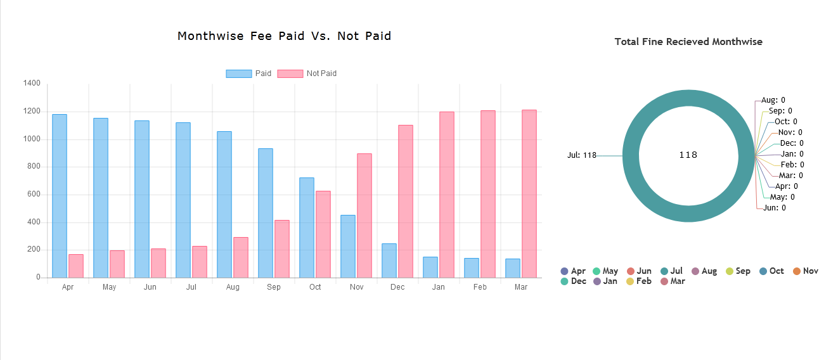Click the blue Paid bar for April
click(x=60, y=196)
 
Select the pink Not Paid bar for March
click(x=529, y=194)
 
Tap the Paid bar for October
click(x=307, y=228)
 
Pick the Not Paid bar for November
click(x=364, y=215)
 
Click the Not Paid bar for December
click(x=406, y=202)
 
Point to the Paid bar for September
click(x=266, y=213)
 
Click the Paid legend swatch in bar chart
click(x=239, y=74)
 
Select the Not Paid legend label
click(x=321, y=74)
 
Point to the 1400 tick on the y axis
click(x=32, y=84)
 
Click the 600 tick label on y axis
click(x=34, y=195)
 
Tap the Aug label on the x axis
click(x=233, y=287)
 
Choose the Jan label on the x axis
click(x=439, y=287)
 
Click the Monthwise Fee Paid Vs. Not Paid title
click(x=284, y=36)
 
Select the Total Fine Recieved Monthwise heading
click(x=688, y=42)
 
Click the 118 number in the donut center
click(x=688, y=155)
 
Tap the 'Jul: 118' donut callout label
click(x=582, y=155)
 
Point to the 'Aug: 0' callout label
click(x=773, y=100)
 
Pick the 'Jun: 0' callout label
click(x=775, y=208)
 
